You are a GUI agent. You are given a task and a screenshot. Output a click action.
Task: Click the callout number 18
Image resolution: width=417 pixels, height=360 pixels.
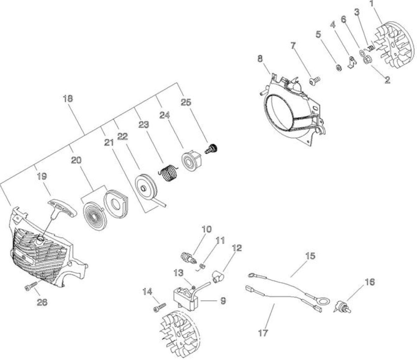tap(68, 98)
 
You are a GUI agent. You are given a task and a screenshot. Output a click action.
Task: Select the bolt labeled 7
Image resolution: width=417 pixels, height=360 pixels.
tap(315, 80)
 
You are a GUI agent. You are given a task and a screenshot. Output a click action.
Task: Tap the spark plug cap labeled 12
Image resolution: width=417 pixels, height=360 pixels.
tap(218, 276)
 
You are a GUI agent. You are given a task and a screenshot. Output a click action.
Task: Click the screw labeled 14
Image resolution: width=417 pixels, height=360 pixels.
tap(160, 307)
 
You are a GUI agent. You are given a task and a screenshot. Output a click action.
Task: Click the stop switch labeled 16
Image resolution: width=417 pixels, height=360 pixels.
tap(342, 307)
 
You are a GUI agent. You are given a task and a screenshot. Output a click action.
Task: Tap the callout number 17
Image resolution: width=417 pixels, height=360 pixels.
tap(263, 333)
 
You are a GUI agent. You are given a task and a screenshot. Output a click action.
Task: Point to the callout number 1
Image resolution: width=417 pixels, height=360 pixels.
tap(372, 4)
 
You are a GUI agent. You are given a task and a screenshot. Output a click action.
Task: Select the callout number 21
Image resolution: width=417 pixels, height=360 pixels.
tap(109, 143)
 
